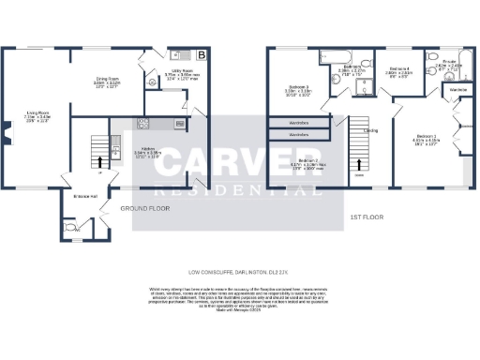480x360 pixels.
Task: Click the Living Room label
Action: [x=37, y=113]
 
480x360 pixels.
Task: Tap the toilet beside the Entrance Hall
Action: [x=68, y=226]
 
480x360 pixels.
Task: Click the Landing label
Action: [x=371, y=130]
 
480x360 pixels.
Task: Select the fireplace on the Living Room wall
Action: [x=7, y=141]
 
